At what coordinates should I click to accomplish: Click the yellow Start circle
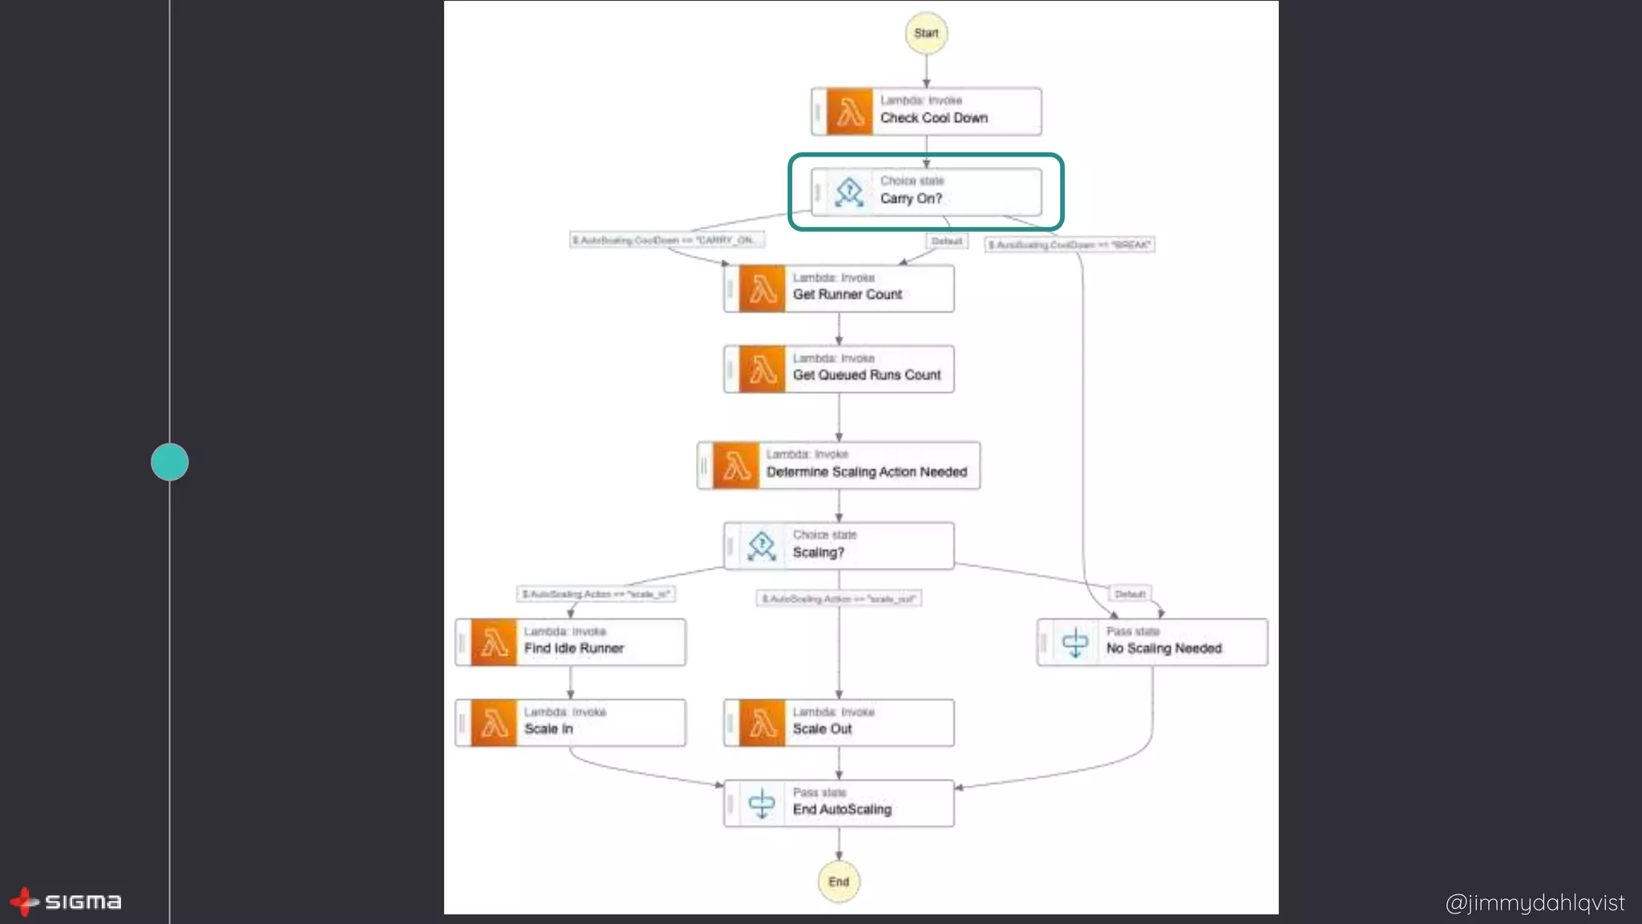click(926, 33)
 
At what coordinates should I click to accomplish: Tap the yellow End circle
click(839, 881)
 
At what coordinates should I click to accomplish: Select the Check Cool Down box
click(926, 111)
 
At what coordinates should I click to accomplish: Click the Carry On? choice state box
click(926, 192)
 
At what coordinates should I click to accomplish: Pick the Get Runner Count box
click(839, 288)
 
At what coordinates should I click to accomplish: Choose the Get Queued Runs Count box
click(839, 369)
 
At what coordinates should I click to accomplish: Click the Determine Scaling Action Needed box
click(839, 465)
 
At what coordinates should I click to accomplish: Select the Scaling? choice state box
click(839, 545)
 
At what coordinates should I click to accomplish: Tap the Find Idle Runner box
click(570, 642)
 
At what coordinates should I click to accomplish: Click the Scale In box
click(570, 723)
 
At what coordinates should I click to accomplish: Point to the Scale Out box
click(839, 723)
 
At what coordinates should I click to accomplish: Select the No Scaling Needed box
click(1152, 642)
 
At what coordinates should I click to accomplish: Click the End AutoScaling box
click(839, 803)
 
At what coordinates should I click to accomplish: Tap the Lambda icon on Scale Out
click(762, 723)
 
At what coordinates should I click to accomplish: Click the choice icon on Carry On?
click(849, 192)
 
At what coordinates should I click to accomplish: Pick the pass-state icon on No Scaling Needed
click(1075, 642)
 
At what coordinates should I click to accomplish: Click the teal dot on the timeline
click(170, 462)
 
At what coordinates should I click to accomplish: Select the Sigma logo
click(66, 902)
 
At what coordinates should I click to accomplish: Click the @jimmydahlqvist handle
click(1535, 903)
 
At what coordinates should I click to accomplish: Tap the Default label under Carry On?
click(947, 241)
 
